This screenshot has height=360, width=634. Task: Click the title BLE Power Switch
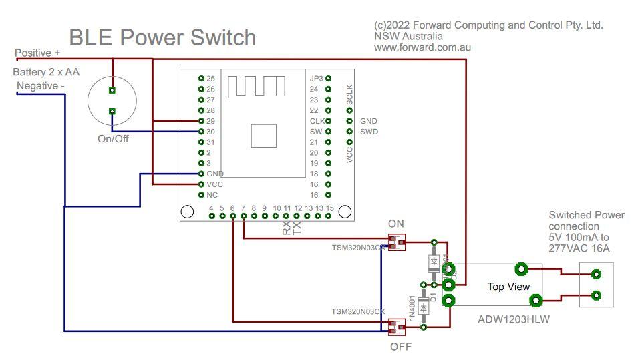(162, 37)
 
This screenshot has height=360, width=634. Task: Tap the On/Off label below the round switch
(112, 139)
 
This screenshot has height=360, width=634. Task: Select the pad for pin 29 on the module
(201, 121)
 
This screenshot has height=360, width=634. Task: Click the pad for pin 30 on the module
(201, 132)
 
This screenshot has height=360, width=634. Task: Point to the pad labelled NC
(201, 195)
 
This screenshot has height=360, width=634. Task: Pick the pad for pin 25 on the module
(201, 79)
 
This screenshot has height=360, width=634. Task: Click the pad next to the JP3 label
(328, 79)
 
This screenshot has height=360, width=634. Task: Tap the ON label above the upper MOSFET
(396, 223)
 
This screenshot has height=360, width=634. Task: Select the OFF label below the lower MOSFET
(401, 347)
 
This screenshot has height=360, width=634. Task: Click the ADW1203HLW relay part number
(513, 319)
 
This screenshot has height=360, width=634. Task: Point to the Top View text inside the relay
(508, 286)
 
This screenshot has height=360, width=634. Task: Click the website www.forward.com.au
(423, 47)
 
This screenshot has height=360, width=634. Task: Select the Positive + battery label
(37, 53)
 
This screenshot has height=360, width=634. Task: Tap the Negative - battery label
(41, 86)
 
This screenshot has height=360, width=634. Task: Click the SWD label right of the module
(369, 132)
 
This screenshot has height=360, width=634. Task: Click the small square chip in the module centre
(263, 135)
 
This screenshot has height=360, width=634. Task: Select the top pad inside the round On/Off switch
(112, 90)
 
